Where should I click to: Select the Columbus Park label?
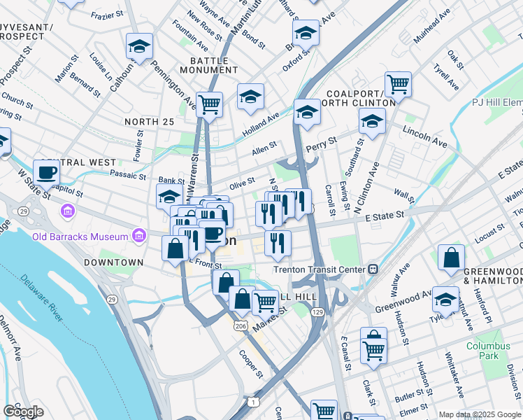pos(489,351)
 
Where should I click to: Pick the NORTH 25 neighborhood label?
pos(149,122)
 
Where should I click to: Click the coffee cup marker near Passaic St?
pos(46,172)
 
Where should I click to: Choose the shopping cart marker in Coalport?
pos(398,84)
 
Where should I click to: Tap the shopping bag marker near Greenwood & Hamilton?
pos(452,257)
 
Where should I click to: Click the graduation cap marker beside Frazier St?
pos(139,47)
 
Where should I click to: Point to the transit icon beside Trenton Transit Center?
pos(374,269)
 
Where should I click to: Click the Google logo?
pos(23,412)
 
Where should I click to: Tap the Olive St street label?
pos(241,183)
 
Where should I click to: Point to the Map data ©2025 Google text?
pos(479,414)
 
